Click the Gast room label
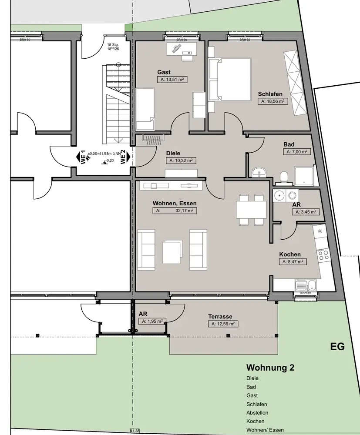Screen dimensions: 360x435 [x=164, y=72]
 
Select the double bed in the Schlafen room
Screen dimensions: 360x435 [x=230, y=80]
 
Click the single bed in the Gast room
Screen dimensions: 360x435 [x=145, y=109]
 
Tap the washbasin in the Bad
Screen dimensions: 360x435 [x=259, y=172]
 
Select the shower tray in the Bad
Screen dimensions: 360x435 [x=304, y=175]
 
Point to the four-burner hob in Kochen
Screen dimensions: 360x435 [x=323, y=254]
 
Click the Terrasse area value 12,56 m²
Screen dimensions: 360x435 [x=224, y=324]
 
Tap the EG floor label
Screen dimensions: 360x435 [x=337, y=347]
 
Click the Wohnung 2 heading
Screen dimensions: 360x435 [x=270, y=368]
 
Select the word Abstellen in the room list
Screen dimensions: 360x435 [x=257, y=413]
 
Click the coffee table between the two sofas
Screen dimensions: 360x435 [x=172, y=251]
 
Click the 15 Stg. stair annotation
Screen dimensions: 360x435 [x=113, y=45]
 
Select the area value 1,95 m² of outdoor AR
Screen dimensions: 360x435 [x=151, y=321]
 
